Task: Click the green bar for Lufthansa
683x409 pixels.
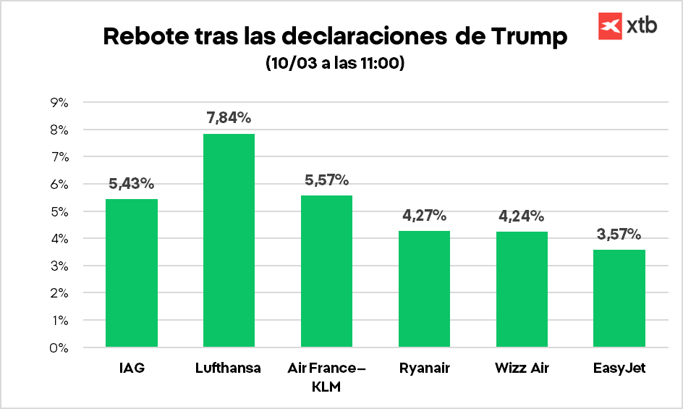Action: pos(229,240)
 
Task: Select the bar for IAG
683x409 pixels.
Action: pos(131,273)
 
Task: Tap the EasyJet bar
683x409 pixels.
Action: pos(619,298)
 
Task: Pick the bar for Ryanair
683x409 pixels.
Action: pos(424,289)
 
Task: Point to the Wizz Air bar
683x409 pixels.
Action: pos(522,289)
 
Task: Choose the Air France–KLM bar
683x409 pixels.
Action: pos(326,271)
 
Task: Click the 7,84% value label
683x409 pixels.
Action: pos(229,118)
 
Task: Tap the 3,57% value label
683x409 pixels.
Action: pos(619,234)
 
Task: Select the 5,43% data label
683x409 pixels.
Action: pos(131,183)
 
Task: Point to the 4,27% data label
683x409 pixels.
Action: pos(424,215)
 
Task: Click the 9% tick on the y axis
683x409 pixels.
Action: pos(59,103)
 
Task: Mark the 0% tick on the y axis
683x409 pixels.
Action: pos(59,347)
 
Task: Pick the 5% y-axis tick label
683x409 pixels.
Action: pos(59,211)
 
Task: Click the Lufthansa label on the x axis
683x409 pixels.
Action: pos(229,368)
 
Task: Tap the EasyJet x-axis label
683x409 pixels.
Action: pos(619,368)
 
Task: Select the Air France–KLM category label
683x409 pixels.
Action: pos(326,377)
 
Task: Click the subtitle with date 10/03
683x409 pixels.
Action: pos(335,64)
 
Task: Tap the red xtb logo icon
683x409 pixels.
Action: pos(611,25)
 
